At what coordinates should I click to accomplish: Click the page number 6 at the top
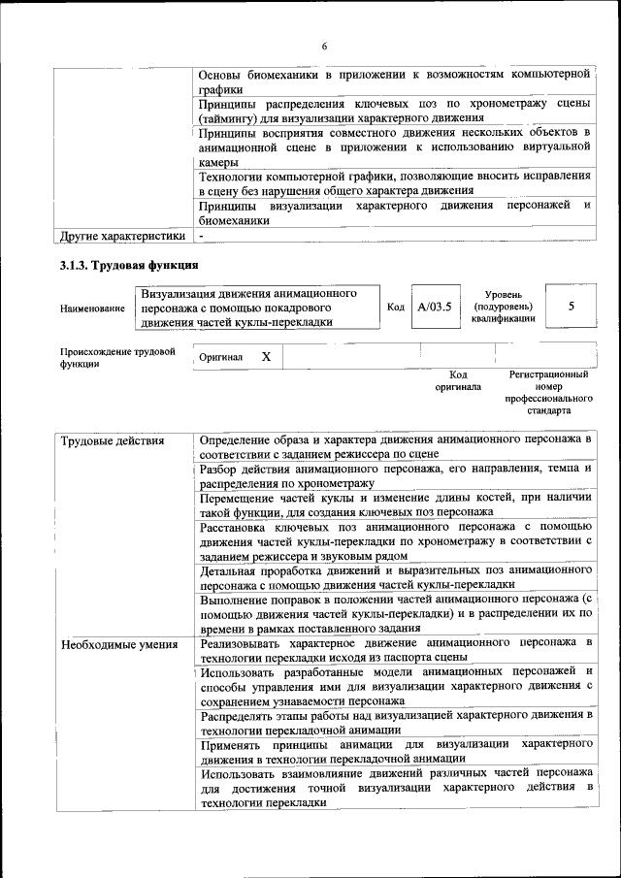click(325, 46)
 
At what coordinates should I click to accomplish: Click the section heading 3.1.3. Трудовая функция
click(129, 265)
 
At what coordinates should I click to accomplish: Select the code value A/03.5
click(435, 308)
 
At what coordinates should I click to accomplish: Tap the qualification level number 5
click(572, 307)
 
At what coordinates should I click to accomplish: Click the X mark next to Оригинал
click(266, 357)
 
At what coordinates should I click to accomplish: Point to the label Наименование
click(92, 309)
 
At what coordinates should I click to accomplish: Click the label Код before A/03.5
click(396, 308)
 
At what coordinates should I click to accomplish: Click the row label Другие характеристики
click(122, 236)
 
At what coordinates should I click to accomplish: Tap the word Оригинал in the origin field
click(220, 358)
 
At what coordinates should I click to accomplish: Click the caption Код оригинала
click(458, 380)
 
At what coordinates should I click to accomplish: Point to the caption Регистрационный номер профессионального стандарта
click(548, 392)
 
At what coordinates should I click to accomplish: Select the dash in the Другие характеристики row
click(201, 236)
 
